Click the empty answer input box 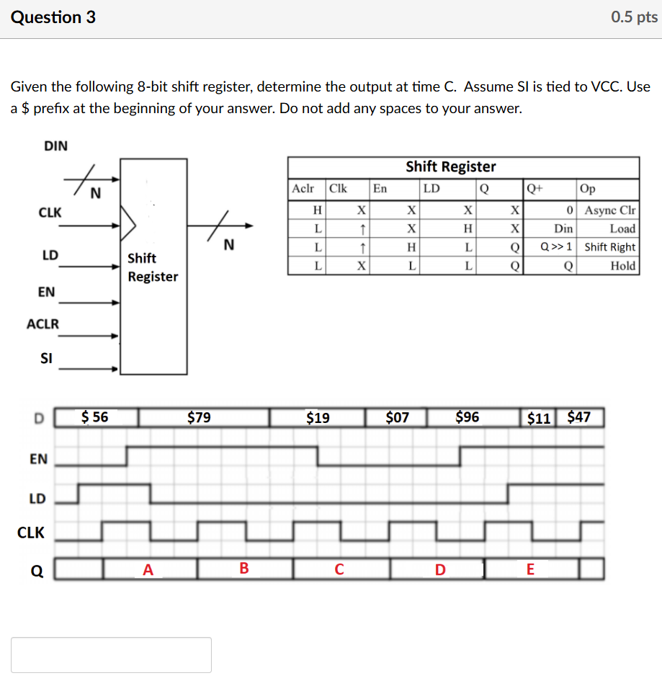coord(111,654)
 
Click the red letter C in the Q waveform coord(339,569)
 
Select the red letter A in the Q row coord(148,569)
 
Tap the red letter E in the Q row coord(530,569)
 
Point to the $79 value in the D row coord(199,417)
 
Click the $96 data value coord(468,417)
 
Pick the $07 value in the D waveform coord(397,417)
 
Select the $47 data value coord(579,417)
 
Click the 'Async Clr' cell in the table coord(610,210)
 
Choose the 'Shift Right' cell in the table coord(609,247)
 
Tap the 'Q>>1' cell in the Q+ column coord(557,247)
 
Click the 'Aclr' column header coord(303,189)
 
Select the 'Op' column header coord(587,189)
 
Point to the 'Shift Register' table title coord(451,166)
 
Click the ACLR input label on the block coord(43,324)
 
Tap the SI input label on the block coord(46,357)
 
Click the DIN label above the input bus coord(55,146)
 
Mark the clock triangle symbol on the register coord(128,224)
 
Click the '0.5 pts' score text coord(634,17)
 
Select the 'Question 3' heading coord(53,17)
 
